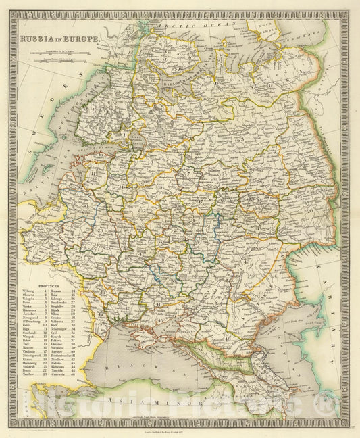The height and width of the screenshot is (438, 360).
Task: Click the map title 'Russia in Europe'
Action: (60, 39)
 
